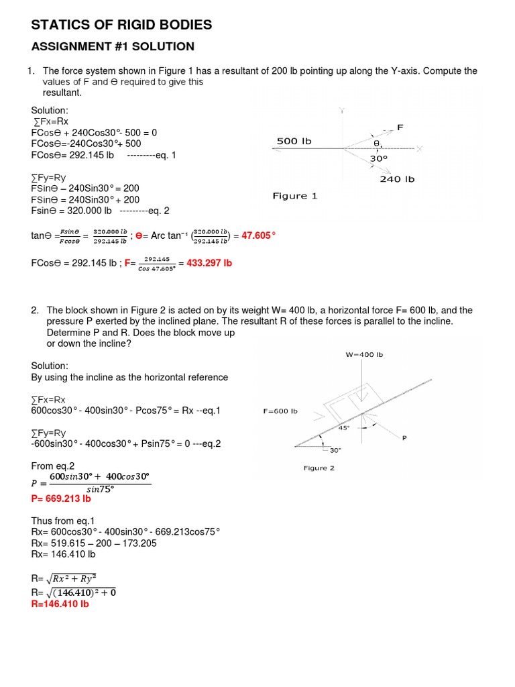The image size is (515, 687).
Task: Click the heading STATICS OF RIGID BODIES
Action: point(121,25)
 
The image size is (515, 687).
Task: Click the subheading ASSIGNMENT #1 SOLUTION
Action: point(113,46)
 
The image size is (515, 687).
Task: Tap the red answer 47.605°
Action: point(254,235)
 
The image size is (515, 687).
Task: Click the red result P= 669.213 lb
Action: point(61,499)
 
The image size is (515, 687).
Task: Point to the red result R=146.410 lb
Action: point(60,604)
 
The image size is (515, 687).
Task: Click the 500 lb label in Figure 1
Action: point(294,142)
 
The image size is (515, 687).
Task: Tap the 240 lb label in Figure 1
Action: point(397,179)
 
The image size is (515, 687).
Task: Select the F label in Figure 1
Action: point(400,127)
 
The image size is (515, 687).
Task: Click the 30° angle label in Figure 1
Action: point(380,159)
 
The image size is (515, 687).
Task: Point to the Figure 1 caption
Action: point(294,196)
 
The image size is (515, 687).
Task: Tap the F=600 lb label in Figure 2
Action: point(280,411)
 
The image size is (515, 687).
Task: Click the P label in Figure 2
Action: point(422,437)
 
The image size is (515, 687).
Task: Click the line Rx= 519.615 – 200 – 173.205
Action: point(94,543)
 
